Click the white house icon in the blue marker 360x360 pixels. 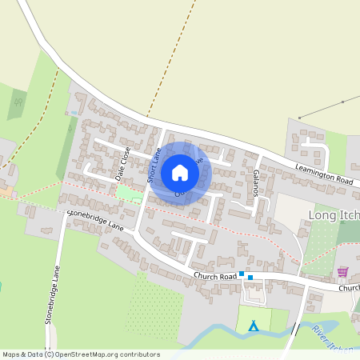(180, 173)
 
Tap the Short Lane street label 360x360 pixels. (154, 163)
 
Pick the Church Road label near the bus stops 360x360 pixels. (215, 277)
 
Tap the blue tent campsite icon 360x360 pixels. (254, 325)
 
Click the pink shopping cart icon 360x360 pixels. (343, 272)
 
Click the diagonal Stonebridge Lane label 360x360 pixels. (96, 221)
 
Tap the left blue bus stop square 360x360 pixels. (242, 273)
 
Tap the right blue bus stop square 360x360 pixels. (250, 278)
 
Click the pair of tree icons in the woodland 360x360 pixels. (18, 102)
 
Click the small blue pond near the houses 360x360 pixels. (74, 114)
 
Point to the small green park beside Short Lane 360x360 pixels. (128, 193)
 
